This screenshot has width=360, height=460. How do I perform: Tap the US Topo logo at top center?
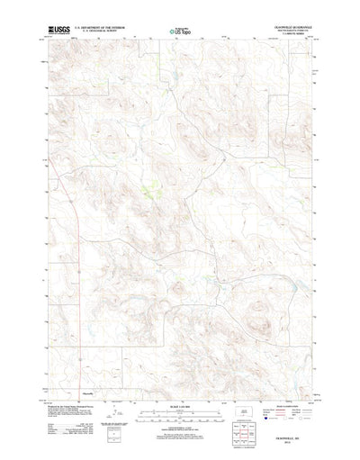click(180, 33)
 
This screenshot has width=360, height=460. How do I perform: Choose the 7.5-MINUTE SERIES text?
click(289, 37)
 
